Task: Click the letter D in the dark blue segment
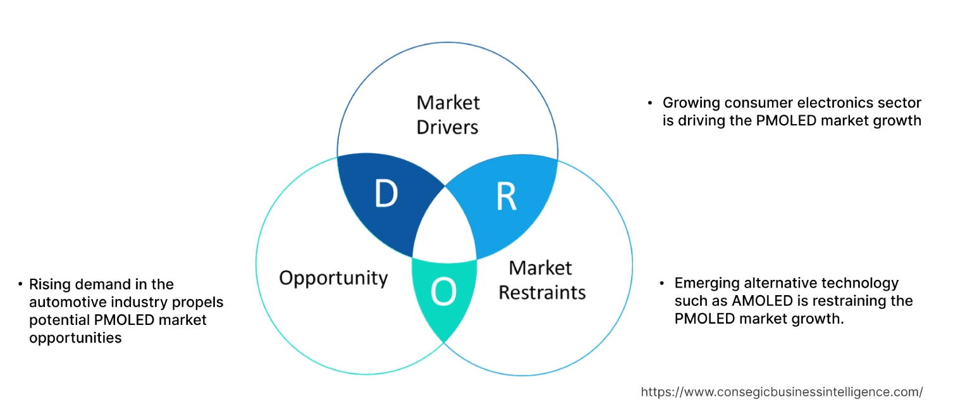[x=385, y=194]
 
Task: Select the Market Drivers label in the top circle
[x=448, y=115]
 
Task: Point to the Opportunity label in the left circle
[x=333, y=277]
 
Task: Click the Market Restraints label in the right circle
[x=542, y=279]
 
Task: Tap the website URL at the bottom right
[x=782, y=392]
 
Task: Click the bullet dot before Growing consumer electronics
[x=650, y=103]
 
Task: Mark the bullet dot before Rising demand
[x=20, y=284]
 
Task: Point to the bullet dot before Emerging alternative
[x=662, y=283]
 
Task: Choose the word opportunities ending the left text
[x=75, y=338]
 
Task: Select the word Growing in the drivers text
[x=690, y=103]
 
